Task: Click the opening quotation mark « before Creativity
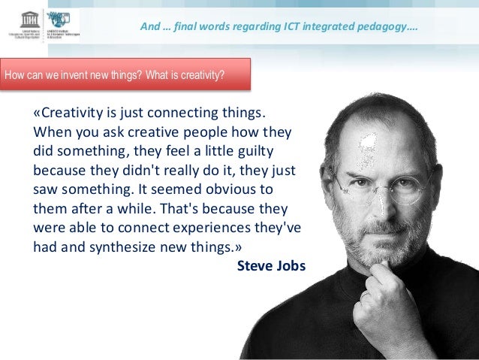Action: point(37,114)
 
